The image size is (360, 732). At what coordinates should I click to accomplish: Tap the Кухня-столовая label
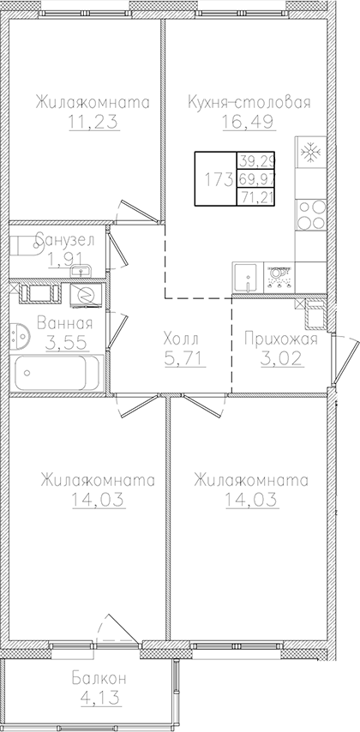(249, 104)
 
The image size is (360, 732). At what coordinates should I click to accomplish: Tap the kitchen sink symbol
(246, 277)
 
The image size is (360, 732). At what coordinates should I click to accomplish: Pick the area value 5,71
(181, 356)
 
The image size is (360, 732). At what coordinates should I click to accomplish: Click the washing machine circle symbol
(86, 294)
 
